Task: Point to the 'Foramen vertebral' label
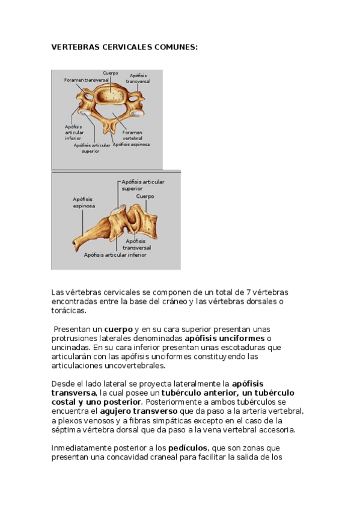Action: [132, 135]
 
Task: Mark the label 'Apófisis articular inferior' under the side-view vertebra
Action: [115, 255]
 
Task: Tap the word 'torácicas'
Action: [69, 311]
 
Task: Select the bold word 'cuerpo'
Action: [118, 329]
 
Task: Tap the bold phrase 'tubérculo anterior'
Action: [195, 393]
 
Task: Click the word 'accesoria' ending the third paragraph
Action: [276, 430]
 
